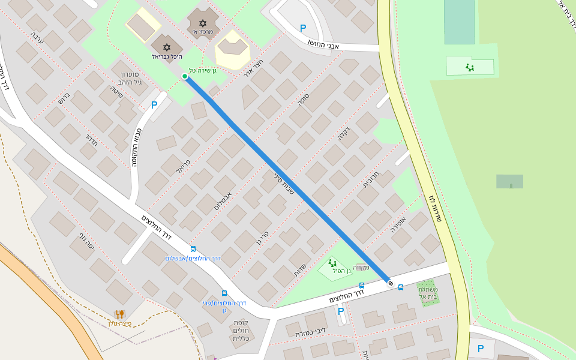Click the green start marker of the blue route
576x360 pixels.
pos(185,76)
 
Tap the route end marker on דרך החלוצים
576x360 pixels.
pos(391,283)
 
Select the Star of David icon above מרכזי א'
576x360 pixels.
pos(203,23)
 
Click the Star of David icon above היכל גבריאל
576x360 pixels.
pos(166,47)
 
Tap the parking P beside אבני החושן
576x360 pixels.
pos(303,28)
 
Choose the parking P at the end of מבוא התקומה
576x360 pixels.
pos(154,105)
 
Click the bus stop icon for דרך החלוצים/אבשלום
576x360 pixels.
pos(193,248)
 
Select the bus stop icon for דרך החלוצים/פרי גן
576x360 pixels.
pos(224,293)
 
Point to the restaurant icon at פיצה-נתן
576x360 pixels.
pos(119,314)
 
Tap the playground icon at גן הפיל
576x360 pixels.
pos(332,263)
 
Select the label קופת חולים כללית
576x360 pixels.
pos(244,331)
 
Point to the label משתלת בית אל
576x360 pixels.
pos(428,293)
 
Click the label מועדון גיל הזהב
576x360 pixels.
pos(127,79)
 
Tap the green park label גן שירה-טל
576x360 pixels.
pos(202,70)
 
